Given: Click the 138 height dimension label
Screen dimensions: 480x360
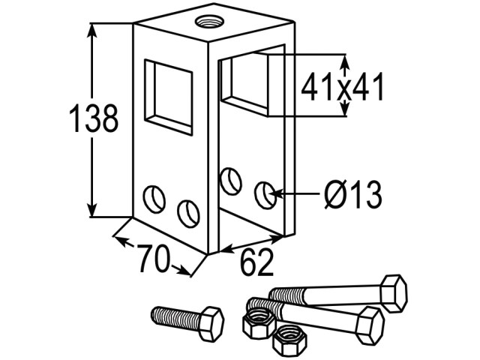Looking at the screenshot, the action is (94, 118).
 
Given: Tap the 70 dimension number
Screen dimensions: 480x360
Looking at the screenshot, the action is (154, 258).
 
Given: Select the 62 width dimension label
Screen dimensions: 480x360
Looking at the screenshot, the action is (257, 262).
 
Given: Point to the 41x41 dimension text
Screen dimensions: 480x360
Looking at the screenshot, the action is (342, 87).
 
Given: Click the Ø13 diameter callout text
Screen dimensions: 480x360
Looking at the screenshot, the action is (353, 194).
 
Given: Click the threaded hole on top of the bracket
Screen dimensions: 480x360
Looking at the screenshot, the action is (209, 22).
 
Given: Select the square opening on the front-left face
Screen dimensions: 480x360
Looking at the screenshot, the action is (168, 97).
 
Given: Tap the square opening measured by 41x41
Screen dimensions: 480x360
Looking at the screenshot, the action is (245, 83).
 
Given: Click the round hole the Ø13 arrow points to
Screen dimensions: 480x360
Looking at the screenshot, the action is (265, 195).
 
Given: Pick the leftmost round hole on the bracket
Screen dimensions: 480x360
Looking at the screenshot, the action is (154, 199).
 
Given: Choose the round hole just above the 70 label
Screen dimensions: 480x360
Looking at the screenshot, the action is (188, 214).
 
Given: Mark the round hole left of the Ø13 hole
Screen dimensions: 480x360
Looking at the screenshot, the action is (231, 181).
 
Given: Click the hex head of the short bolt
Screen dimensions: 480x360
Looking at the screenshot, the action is (211, 323).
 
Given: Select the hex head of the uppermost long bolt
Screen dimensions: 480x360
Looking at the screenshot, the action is (394, 293).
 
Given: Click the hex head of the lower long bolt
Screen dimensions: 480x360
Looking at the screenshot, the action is (370, 326).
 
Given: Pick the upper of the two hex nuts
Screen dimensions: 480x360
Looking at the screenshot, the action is (259, 323).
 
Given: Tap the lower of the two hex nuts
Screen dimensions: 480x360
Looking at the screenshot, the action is (289, 338).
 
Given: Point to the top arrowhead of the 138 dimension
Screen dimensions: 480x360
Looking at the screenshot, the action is (91, 31).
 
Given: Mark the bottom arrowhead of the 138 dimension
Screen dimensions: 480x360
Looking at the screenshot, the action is (91, 209).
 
